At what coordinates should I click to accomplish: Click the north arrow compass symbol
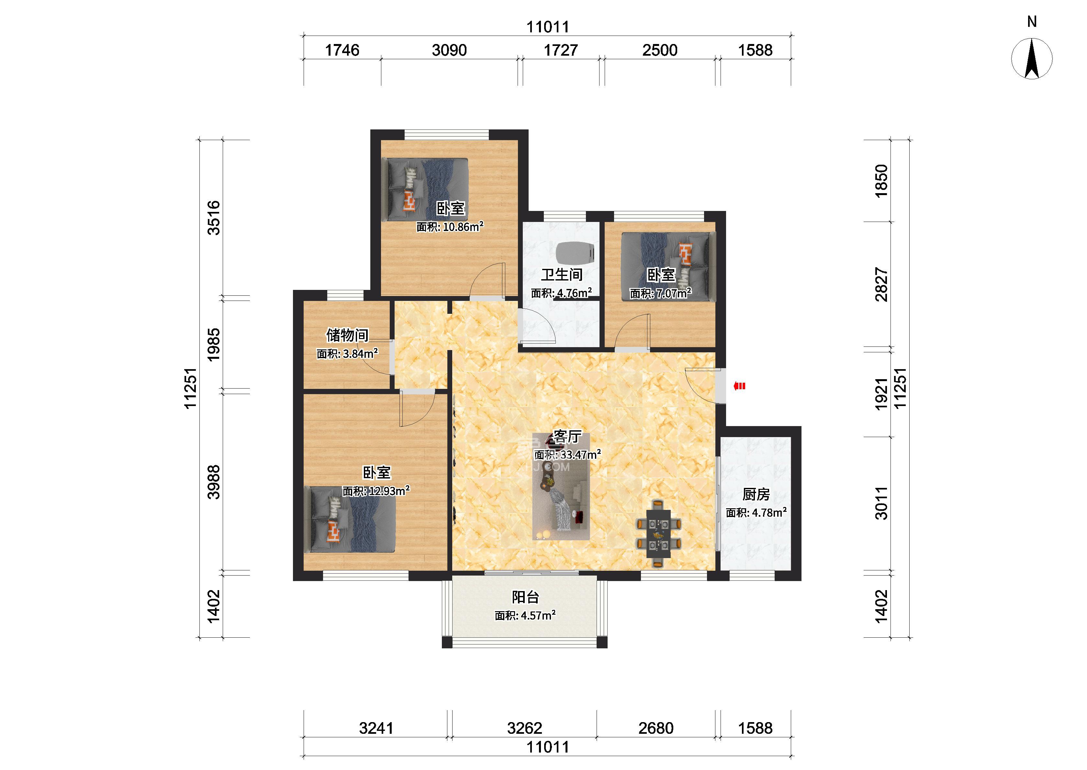[1032, 58]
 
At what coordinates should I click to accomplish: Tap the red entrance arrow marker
[739, 386]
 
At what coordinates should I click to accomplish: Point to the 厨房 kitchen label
[756, 495]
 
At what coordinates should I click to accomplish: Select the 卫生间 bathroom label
[562, 275]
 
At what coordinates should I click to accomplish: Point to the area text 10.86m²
[463, 227]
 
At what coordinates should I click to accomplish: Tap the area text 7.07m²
[673, 293]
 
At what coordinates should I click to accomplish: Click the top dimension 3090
[449, 50]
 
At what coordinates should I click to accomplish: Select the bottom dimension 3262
[524, 728]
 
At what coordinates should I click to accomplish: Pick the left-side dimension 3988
[214, 482]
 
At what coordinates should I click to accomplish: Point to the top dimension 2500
[660, 50]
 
